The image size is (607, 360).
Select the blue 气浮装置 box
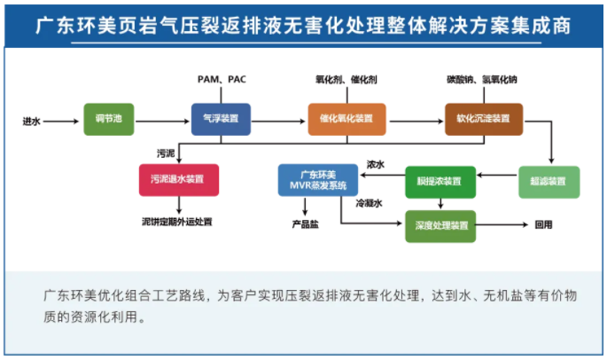pyautogui.click(x=221, y=119)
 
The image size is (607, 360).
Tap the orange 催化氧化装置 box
pyautogui.click(x=346, y=119)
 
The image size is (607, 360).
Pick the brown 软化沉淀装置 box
pyautogui.click(x=484, y=119)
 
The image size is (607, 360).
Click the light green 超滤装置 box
pyautogui.click(x=549, y=182)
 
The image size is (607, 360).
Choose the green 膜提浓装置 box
pyautogui.click(x=440, y=182)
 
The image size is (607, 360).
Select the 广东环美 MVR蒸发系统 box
pyautogui.click(x=317, y=180)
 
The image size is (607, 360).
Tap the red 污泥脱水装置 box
pyautogui.click(x=178, y=179)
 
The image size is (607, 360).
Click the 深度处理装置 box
pyautogui.click(x=440, y=225)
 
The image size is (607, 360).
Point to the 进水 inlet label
pyautogui.click(x=32, y=119)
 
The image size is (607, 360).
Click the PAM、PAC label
pyautogui.click(x=222, y=80)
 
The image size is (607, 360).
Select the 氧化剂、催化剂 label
pyautogui.click(x=346, y=80)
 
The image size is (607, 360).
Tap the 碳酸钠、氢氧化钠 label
pyautogui.click(x=482, y=80)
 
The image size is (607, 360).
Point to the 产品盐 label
pyautogui.click(x=306, y=225)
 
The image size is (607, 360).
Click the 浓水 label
pyautogui.click(x=376, y=164)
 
